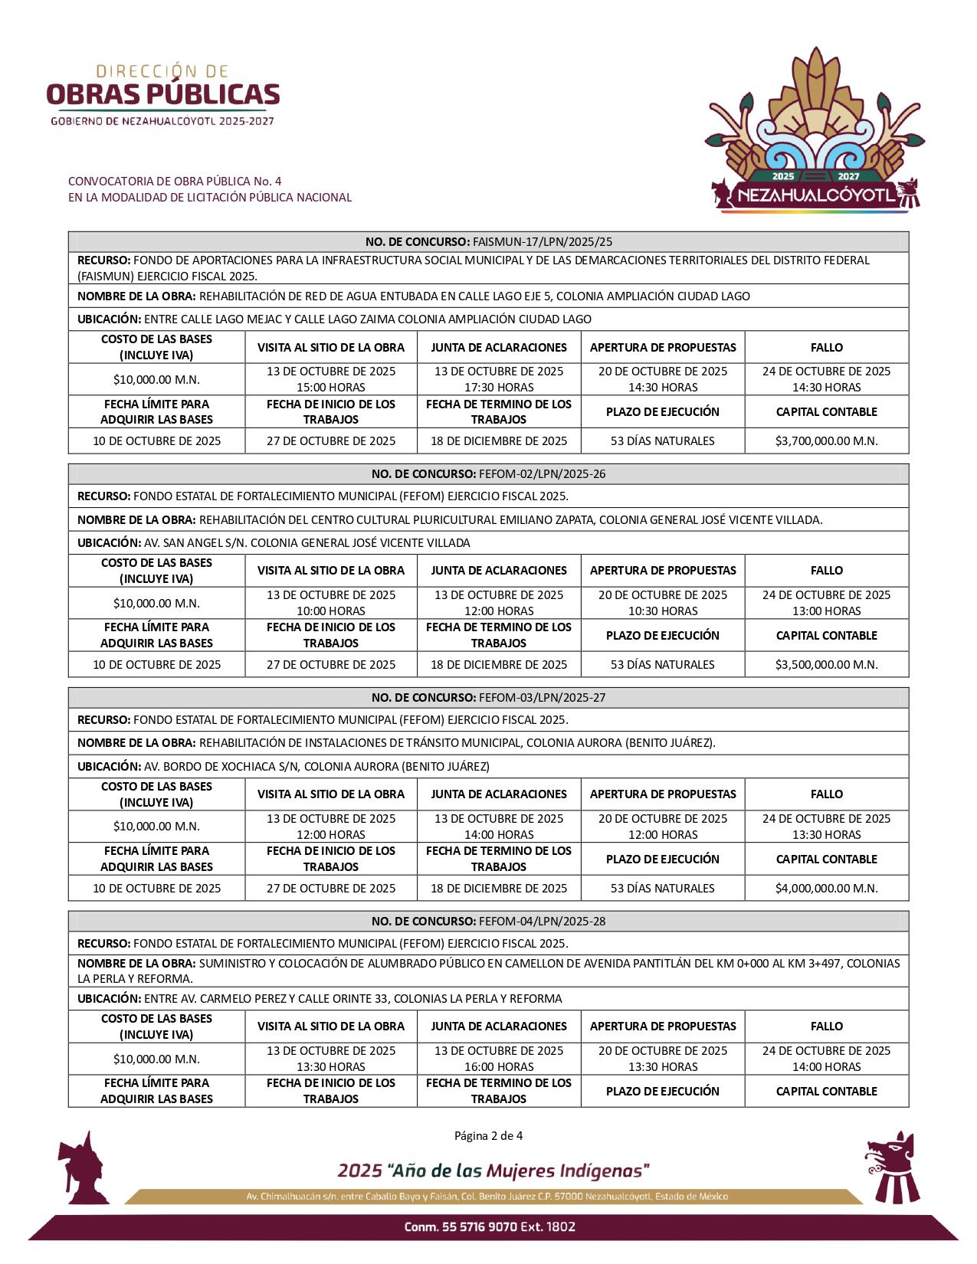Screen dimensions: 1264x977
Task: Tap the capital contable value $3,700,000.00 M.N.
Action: (826, 440)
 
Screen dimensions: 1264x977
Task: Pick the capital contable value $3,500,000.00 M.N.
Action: (826, 664)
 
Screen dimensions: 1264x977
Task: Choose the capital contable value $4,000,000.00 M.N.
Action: (826, 888)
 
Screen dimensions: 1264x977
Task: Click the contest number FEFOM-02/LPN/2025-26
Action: (541, 473)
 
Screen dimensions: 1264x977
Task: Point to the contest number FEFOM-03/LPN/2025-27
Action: (541, 697)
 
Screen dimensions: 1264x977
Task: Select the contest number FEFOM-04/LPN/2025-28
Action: (541, 921)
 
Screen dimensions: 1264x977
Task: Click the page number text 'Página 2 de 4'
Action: (488, 1135)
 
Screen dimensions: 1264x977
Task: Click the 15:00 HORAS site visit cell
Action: (331, 379)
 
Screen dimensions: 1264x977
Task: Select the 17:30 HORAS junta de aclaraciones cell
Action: (499, 379)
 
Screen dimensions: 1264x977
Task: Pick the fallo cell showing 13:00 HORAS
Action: (826, 603)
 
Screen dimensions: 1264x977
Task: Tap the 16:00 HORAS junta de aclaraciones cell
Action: (499, 1059)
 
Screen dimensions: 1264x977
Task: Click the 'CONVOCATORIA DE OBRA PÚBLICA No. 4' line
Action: (175, 181)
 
